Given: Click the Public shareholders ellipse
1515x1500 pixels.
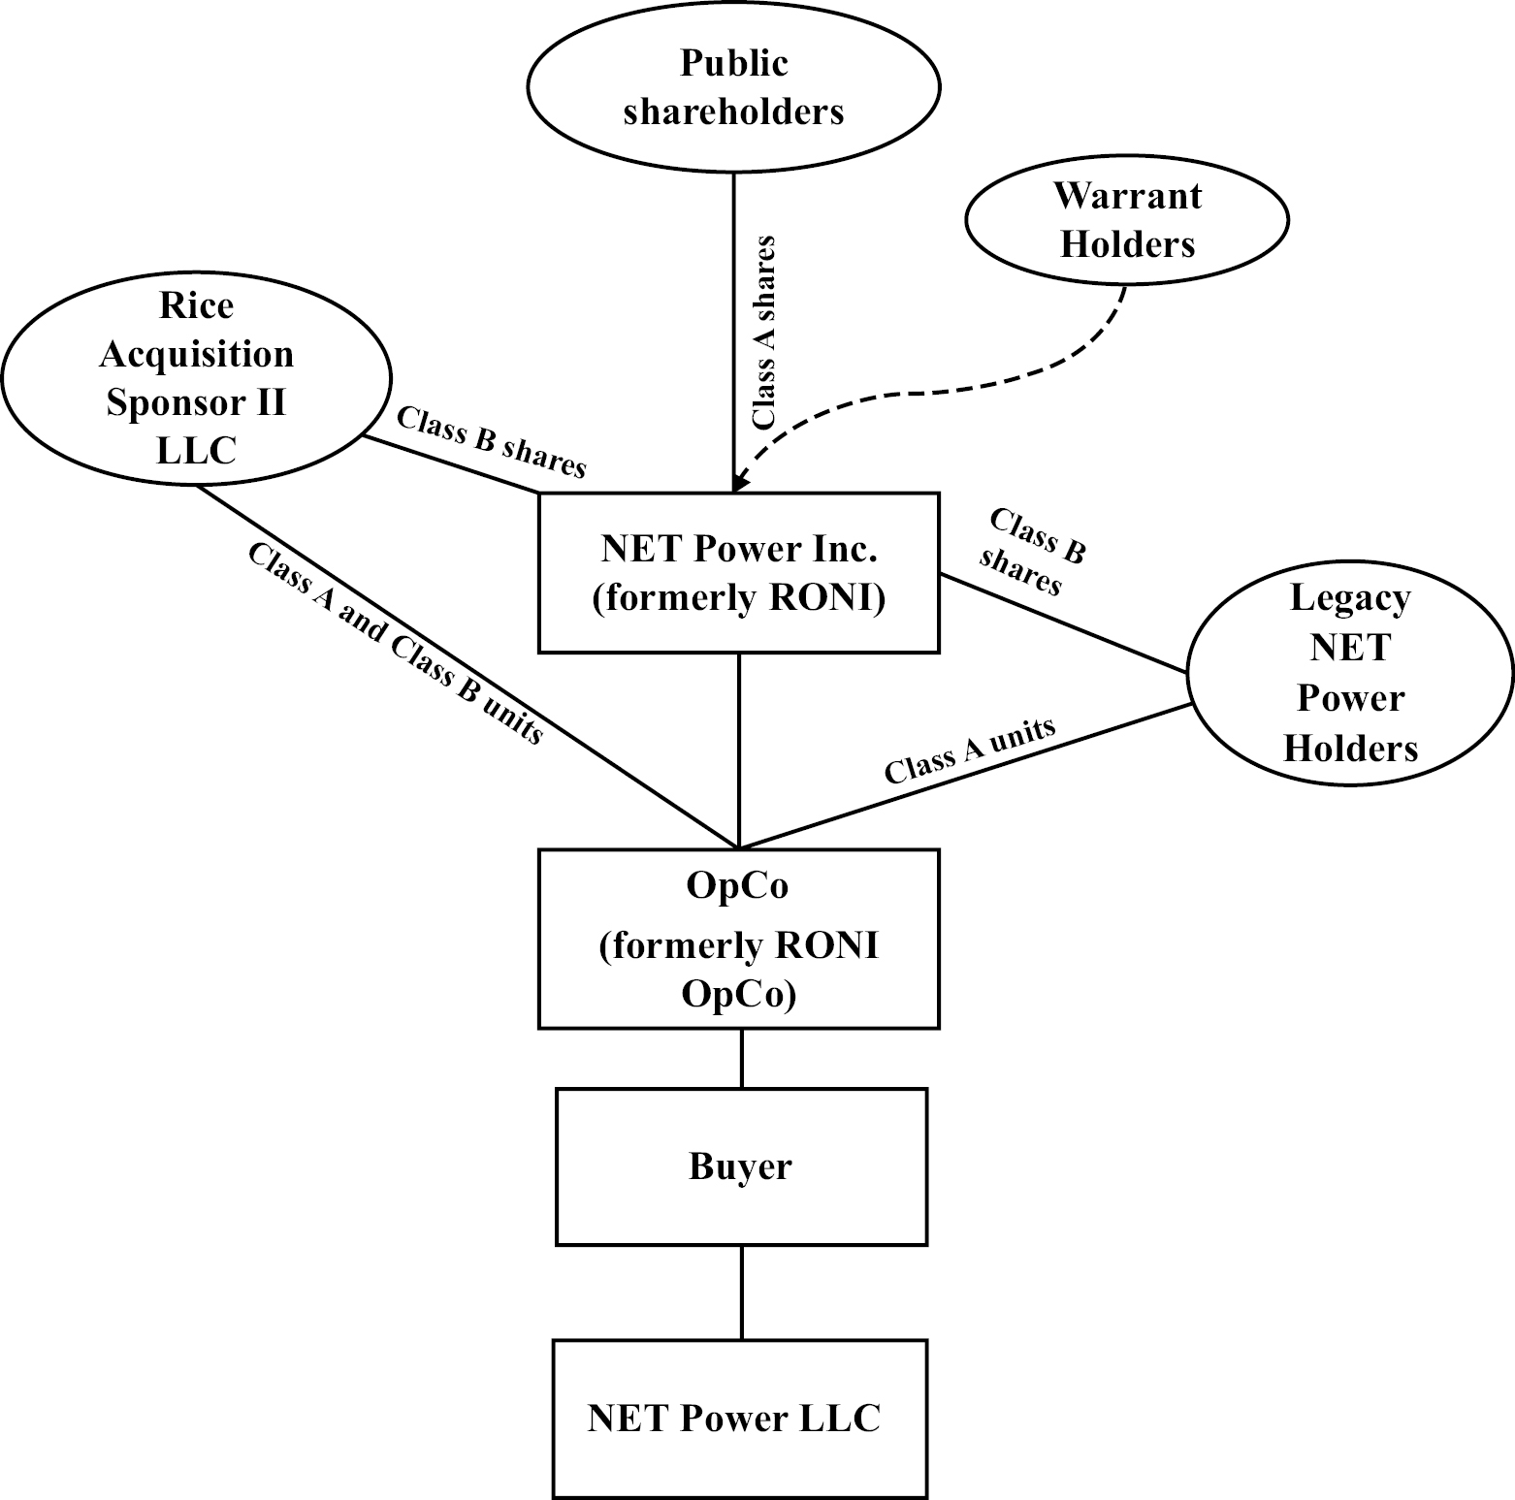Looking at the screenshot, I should click(x=733, y=87).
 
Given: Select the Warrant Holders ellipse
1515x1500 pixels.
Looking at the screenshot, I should click(x=1127, y=220).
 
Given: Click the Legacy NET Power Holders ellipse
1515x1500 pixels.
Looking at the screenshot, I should click(x=1350, y=673).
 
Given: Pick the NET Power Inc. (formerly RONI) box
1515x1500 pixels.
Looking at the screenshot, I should click(x=739, y=572).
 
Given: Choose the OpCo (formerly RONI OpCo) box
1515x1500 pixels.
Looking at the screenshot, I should click(x=739, y=939).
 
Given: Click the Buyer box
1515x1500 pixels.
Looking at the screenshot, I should click(x=741, y=1166).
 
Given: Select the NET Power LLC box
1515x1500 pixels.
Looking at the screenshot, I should click(x=739, y=1419).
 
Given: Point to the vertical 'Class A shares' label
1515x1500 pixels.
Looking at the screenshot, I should click(x=764, y=332).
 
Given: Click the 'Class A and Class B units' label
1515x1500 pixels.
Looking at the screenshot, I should click(x=396, y=643).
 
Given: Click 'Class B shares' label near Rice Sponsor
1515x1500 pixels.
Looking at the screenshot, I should click(x=492, y=443).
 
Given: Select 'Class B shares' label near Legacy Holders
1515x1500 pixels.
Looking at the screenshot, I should click(x=1030, y=551).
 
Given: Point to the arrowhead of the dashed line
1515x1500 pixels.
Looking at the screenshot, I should click(x=739, y=484).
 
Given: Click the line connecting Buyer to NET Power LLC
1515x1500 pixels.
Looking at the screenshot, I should click(x=742, y=1293).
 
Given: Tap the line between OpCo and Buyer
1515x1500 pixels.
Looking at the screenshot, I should click(x=742, y=1058).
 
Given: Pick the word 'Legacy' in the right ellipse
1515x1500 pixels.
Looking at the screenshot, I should click(x=1350, y=598).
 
